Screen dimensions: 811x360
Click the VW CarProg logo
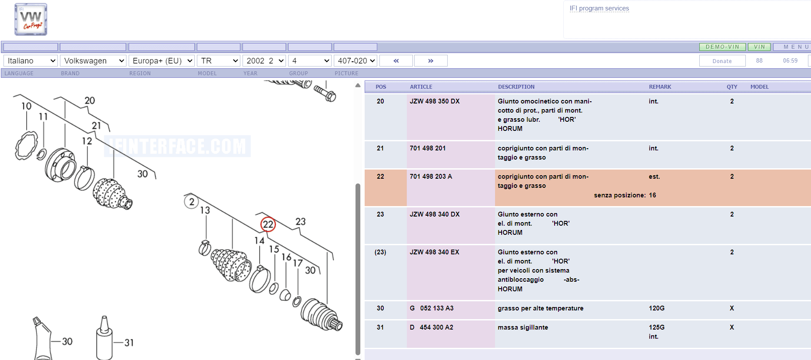pyautogui.click(x=31, y=20)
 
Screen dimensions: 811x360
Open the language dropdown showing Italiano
pyautogui.click(x=30, y=61)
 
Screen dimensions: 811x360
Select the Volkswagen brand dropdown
pyautogui.click(x=93, y=61)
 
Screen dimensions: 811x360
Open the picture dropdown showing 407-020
pyautogui.click(x=356, y=61)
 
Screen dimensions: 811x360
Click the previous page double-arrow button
pyautogui.click(x=396, y=61)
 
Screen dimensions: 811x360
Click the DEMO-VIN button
pyautogui.click(x=722, y=47)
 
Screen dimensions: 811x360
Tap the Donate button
pyautogui.click(x=722, y=61)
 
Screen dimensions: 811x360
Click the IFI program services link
pyautogui.click(x=599, y=8)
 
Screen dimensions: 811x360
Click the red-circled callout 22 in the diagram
pyautogui.click(x=268, y=224)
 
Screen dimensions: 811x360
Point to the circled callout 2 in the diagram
pyautogui.click(x=192, y=202)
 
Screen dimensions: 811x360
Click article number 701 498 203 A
pyautogui.click(x=431, y=177)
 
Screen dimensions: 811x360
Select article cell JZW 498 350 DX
pyautogui.click(x=435, y=101)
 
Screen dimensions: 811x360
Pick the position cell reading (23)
pyautogui.click(x=380, y=252)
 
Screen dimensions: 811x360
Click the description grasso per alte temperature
pyautogui.click(x=541, y=308)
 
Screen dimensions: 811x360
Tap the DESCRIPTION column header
pyautogui.click(x=516, y=87)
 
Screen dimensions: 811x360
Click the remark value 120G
pyautogui.click(x=657, y=308)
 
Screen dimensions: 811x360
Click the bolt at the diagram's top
pyautogui.click(x=325, y=92)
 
